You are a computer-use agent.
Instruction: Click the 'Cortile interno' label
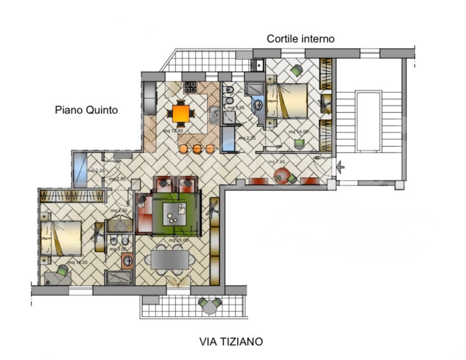pos(300,38)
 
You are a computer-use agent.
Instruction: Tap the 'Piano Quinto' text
pos(86,109)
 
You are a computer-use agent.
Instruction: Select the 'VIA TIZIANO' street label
pos(231,342)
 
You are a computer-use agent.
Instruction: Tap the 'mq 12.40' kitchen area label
pos(173,131)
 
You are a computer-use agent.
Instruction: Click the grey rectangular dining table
pos(170,259)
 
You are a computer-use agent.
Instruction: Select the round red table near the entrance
pos(281,175)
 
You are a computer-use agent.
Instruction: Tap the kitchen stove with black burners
pos(191,87)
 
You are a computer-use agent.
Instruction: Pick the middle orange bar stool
pos(197,148)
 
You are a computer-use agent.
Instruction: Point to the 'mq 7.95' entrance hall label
pos(276,162)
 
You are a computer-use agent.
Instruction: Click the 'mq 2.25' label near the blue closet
pos(96,171)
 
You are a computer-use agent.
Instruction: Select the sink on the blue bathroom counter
pos(257,105)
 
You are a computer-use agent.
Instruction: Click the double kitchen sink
pos(213,115)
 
